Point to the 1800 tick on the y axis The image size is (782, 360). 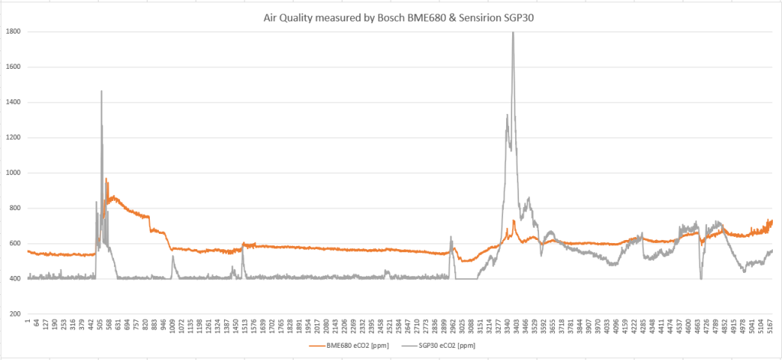[13, 31]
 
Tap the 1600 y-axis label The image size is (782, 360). [13, 66]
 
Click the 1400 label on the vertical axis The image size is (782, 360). [13, 102]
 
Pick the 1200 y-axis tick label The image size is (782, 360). [13, 138]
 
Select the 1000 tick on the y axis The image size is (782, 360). [13, 173]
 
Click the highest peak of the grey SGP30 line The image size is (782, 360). [513, 34]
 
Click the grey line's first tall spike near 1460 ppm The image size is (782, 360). [101, 91]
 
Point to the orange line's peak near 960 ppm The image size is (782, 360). [106, 180]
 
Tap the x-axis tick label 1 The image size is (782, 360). [28, 326]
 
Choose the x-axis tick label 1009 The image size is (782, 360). [173, 329]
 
